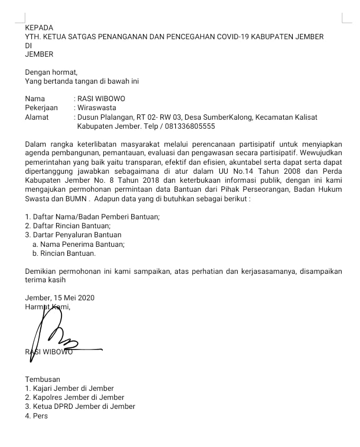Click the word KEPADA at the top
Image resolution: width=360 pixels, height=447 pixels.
[x=39, y=28]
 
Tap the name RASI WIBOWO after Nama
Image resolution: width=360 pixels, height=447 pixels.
[x=101, y=99]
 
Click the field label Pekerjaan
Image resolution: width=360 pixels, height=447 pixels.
[x=41, y=108]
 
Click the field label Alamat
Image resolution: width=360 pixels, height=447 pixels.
[x=37, y=117]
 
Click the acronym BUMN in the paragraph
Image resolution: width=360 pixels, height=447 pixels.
[x=74, y=199]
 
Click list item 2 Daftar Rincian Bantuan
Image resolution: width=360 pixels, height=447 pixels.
[x=68, y=226]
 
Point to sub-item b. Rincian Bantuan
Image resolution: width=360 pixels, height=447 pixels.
[x=65, y=253]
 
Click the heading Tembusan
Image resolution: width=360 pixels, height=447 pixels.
[x=42, y=379]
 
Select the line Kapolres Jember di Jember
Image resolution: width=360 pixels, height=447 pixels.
[x=75, y=397]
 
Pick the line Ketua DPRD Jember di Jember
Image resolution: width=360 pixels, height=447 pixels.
[x=80, y=406]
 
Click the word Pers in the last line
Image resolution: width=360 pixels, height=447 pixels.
[x=40, y=416]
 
